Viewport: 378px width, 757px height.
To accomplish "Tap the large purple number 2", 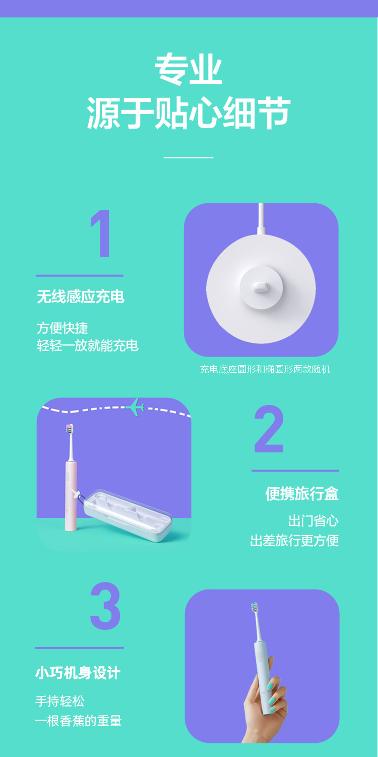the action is click(269, 429).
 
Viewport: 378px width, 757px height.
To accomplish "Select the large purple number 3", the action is click(105, 606).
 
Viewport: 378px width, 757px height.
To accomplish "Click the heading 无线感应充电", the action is click(81, 297).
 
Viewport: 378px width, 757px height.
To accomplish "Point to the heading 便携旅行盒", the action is click(302, 493).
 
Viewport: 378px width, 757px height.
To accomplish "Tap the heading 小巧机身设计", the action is click(78, 673).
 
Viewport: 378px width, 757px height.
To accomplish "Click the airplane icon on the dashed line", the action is click(136, 407).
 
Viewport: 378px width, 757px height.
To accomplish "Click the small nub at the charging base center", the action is click(261, 287).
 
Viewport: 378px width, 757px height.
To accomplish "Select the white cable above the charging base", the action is click(261, 218).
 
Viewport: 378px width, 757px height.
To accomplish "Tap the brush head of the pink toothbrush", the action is click(70, 429).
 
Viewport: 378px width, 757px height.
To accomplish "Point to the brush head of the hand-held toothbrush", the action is click(255, 607).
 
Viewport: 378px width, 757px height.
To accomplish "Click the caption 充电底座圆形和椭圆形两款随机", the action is click(265, 369).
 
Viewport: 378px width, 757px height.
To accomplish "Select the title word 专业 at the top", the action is click(188, 69).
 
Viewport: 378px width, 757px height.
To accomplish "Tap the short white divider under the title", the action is click(188, 157).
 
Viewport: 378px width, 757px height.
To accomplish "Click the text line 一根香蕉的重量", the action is click(78, 721).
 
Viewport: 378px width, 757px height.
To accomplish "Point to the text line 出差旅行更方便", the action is click(294, 540).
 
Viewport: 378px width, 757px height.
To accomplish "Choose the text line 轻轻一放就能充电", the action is click(88, 346).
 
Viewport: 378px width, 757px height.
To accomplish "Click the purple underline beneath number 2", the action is click(295, 471).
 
